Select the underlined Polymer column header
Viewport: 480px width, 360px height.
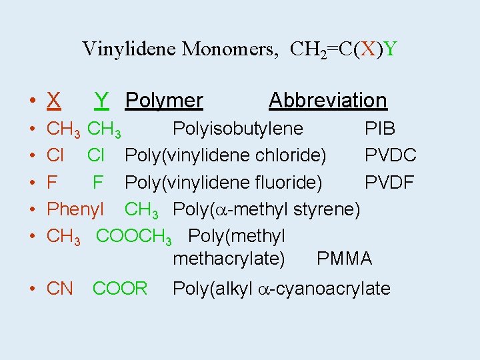point(164,101)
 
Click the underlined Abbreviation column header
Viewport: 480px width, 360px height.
point(327,101)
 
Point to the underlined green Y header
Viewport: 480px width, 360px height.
point(101,101)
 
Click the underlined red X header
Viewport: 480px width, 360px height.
point(54,101)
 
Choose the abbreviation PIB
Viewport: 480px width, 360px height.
point(379,129)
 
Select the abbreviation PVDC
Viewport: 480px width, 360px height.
point(391,155)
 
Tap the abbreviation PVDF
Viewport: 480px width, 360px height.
point(389,182)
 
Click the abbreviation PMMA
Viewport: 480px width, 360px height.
point(344,259)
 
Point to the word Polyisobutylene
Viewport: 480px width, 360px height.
point(238,129)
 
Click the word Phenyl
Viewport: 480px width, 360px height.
point(75,209)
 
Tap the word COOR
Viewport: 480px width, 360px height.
point(120,289)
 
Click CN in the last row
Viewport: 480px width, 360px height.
point(60,289)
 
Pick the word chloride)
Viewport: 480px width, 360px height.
point(292,155)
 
